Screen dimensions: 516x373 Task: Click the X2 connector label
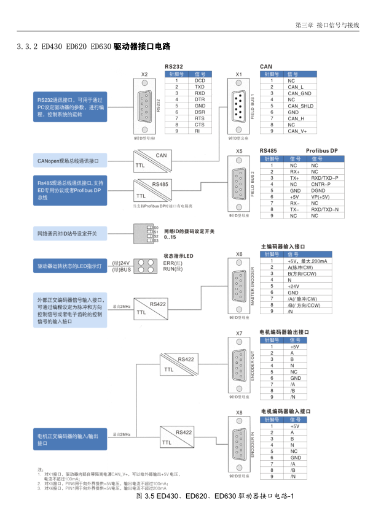pos(144,74)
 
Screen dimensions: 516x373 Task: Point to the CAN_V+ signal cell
pos(297,131)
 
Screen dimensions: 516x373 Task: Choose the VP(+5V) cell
pos(320,197)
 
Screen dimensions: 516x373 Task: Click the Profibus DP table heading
pos(322,150)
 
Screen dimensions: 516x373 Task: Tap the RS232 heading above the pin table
pos(175,66)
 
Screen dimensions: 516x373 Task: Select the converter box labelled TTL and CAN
pos(152,161)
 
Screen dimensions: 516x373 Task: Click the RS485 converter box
pos(152,189)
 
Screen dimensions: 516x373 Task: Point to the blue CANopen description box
pos(70,161)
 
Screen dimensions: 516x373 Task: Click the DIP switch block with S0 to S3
pos(143,233)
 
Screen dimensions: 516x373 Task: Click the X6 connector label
pos(239,253)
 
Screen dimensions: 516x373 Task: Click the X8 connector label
pos(239,412)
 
